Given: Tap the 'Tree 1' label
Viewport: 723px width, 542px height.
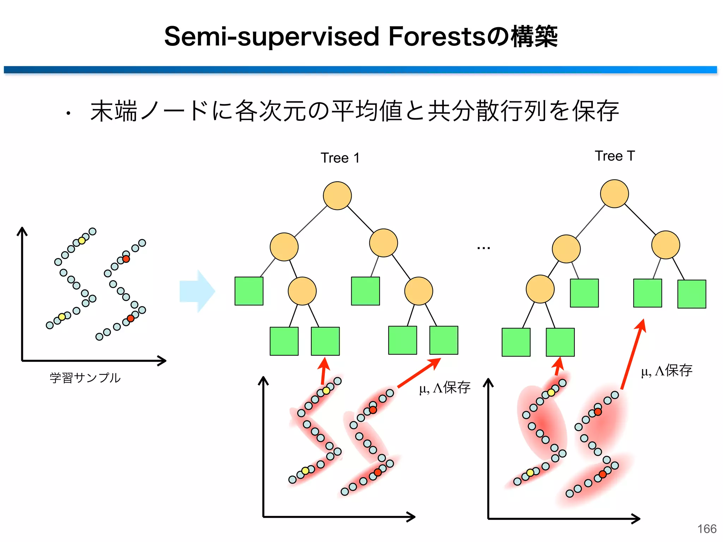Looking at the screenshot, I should click(340, 158).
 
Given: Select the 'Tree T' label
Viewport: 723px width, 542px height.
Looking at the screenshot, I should click(615, 156).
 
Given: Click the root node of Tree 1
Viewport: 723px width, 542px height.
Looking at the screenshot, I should click(337, 196).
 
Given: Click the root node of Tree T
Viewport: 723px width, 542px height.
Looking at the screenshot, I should click(614, 194).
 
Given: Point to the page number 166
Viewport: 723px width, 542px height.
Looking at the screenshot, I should click(707, 529).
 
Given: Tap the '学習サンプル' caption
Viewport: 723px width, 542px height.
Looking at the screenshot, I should click(85, 378).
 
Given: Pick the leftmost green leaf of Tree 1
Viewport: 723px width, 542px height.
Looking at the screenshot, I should click(249, 291).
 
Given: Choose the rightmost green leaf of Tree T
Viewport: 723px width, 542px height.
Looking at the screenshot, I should click(692, 294).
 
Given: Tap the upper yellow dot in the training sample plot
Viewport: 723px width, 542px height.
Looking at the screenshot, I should click(82, 241).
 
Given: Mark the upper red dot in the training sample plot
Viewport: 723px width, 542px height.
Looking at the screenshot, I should click(126, 259).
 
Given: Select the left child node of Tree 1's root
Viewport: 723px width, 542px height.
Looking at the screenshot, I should click(284, 247).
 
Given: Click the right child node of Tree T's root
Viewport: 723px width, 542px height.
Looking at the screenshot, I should click(665, 245).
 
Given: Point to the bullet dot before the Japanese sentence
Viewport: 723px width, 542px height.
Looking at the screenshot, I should click(68, 113).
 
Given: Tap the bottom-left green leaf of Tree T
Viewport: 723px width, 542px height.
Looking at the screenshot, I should click(516, 342).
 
